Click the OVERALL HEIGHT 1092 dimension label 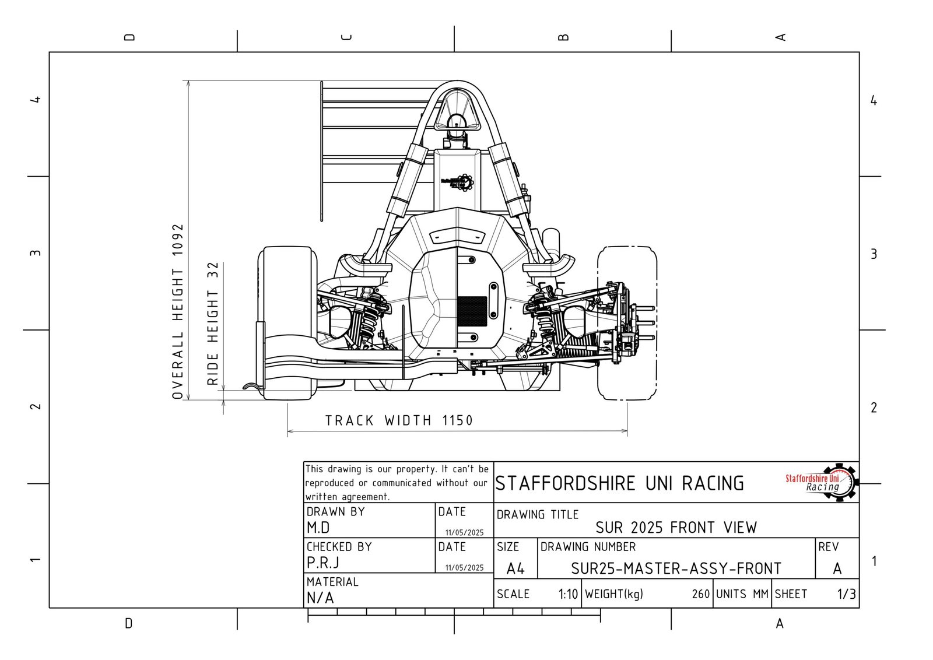pyautogui.click(x=178, y=311)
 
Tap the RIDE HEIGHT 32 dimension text pyautogui.click(x=213, y=324)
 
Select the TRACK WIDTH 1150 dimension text pyautogui.click(x=399, y=420)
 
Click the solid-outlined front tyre pyautogui.click(x=287, y=323)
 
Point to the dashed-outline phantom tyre pyautogui.click(x=627, y=323)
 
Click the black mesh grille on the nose pyautogui.click(x=472, y=311)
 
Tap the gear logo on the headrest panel pyautogui.click(x=458, y=182)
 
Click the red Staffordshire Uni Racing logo pyautogui.click(x=820, y=482)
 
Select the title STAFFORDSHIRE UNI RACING pyautogui.click(x=619, y=483)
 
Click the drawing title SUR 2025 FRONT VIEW pyautogui.click(x=676, y=528)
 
